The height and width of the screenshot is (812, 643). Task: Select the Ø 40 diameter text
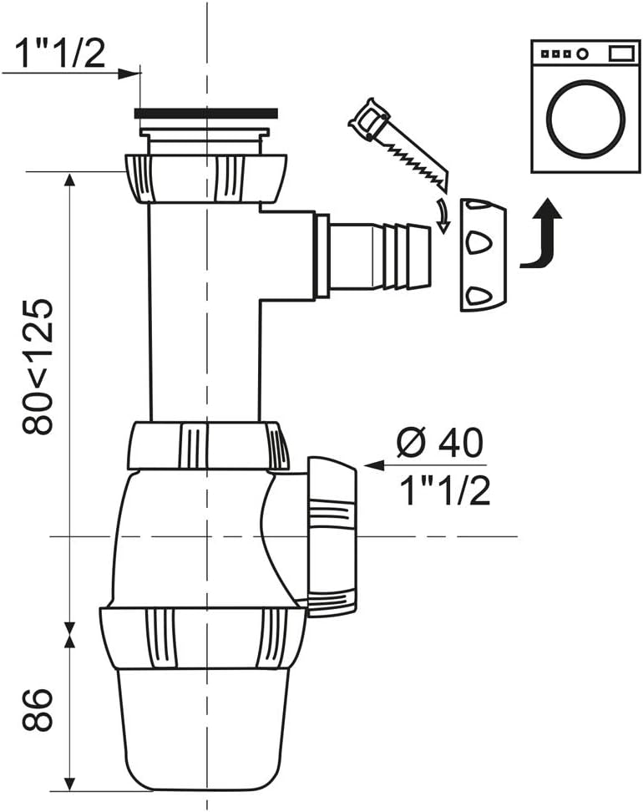[x=439, y=443]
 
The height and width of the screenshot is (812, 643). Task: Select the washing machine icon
[x=585, y=106]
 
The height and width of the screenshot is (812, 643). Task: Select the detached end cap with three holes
[x=483, y=254]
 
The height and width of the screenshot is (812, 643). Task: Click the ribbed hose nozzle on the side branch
[x=381, y=255]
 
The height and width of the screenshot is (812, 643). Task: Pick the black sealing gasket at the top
[x=205, y=113]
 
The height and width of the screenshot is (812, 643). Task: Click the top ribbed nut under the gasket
[x=205, y=177]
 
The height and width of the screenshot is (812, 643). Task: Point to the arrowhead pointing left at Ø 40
[x=371, y=465]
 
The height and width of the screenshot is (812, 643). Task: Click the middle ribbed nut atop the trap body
[x=207, y=446]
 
